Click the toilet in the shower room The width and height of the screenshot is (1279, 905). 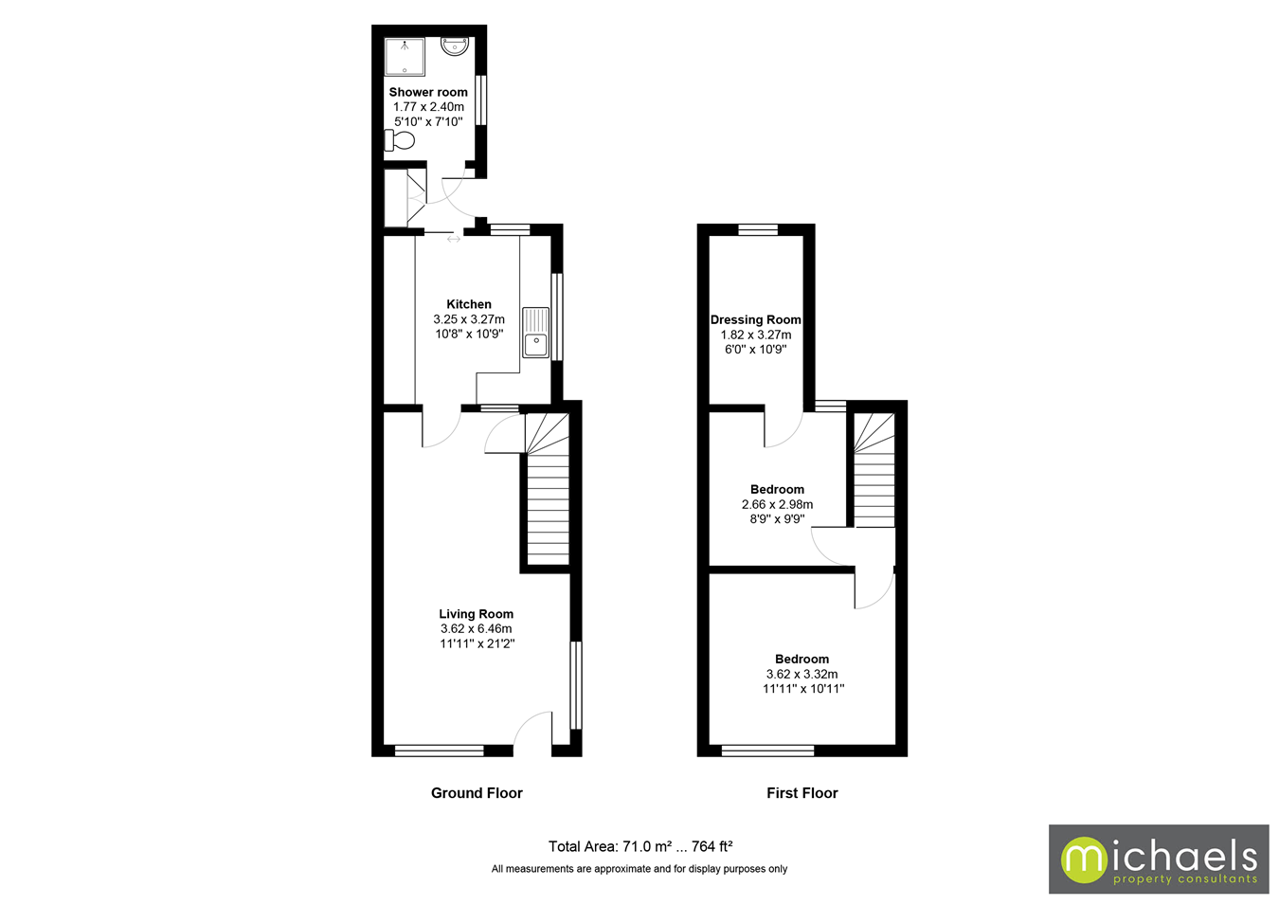click(400, 141)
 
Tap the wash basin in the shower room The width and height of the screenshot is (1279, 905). click(455, 45)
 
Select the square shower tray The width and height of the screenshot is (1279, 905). click(405, 57)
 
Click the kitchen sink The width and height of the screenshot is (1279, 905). click(535, 333)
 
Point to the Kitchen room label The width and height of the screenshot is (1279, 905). click(469, 304)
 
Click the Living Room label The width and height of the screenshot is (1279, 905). click(476, 614)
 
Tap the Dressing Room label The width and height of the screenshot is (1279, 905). click(755, 319)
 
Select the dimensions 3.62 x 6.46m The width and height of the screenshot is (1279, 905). click(476, 628)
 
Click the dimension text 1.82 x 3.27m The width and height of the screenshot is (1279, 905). click(755, 335)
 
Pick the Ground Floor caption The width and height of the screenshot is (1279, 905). click(477, 793)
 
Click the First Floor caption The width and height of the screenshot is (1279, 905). click(802, 793)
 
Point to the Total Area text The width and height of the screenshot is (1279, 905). click(639, 846)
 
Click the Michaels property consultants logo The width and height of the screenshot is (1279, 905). click(1158, 860)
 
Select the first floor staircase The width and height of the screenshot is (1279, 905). click(874, 471)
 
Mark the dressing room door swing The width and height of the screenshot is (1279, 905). click(784, 429)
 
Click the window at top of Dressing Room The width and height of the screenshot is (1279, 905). click(758, 229)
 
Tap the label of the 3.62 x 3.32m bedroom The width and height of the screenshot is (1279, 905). click(802, 660)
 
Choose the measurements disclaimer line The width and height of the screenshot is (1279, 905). click(639, 869)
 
